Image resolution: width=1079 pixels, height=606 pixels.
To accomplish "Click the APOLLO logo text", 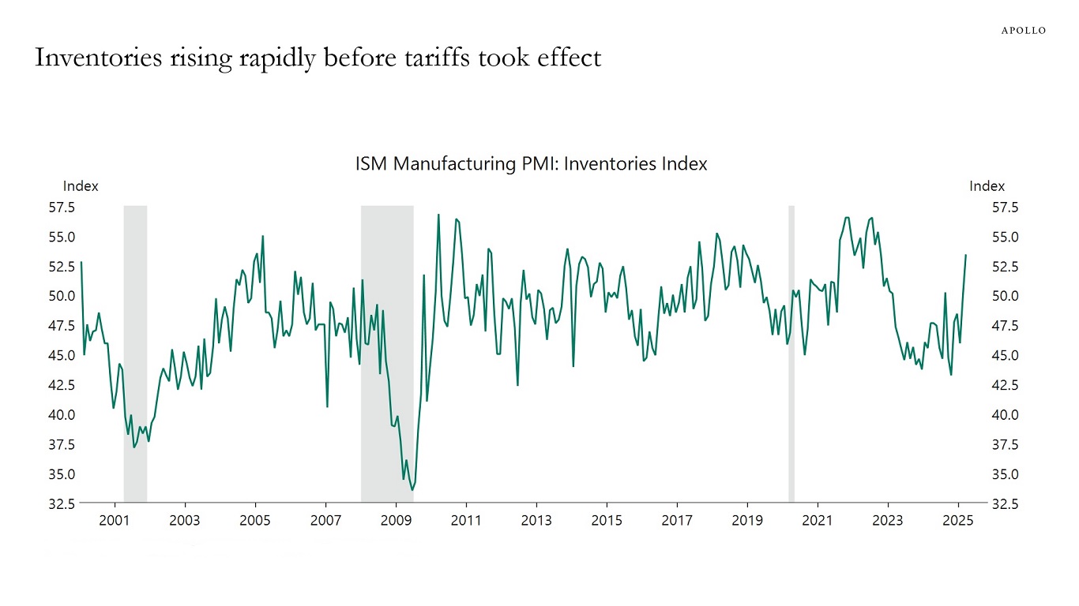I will (x=1024, y=31).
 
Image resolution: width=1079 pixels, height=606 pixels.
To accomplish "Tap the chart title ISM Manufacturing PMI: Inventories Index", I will (x=531, y=164).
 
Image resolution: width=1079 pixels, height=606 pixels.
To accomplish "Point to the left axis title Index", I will (x=81, y=186).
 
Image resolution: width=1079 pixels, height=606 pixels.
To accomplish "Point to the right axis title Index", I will (x=987, y=186).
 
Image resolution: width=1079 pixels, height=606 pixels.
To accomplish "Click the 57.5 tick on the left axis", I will (x=62, y=208).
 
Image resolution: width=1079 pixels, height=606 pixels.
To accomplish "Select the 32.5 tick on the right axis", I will (x=1006, y=503).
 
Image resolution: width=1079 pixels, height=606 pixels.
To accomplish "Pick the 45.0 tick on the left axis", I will (x=62, y=355).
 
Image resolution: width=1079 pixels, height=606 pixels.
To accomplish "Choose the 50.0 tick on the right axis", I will (x=1006, y=296).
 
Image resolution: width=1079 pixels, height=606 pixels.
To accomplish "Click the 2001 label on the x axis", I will (x=115, y=520).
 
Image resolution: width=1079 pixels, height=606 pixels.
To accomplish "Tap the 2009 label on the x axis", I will (x=396, y=520).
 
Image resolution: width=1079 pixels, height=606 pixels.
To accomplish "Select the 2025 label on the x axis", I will (x=957, y=520).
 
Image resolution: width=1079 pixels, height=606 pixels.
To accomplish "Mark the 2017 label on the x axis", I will (x=677, y=520).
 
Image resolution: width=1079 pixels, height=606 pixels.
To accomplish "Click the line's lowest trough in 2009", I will (x=412, y=490).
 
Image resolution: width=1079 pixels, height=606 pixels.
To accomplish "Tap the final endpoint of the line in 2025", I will (x=965, y=255).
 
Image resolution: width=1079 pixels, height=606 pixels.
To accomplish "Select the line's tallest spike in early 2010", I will (x=438, y=215).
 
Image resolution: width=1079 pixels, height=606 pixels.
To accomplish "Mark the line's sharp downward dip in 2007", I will (x=327, y=406).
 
